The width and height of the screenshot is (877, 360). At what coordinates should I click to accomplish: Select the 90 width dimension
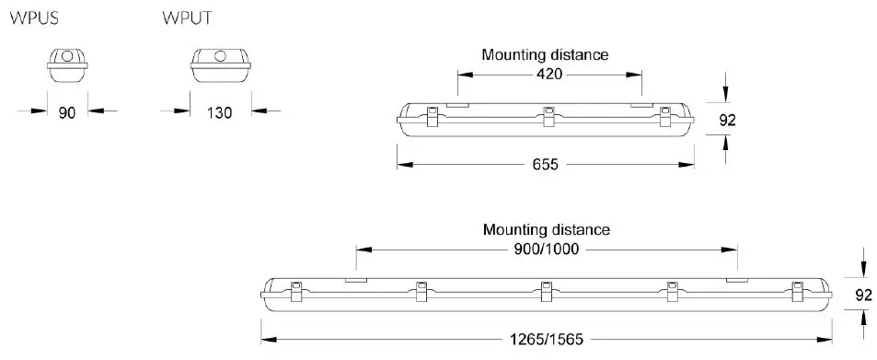pyautogui.click(x=66, y=112)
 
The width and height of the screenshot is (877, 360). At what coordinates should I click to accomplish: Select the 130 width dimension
pyautogui.click(x=218, y=112)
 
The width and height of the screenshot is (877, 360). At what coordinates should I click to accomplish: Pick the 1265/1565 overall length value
pyautogui.click(x=545, y=337)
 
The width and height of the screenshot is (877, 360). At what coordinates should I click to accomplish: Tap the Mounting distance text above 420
pyautogui.click(x=545, y=54)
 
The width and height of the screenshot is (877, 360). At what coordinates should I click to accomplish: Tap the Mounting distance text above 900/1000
pyautogui.click(x=546, y=229)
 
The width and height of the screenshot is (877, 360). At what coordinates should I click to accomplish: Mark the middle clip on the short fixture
pyautogui.click(x=548, y=116)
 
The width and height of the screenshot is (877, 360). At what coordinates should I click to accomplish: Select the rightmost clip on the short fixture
pyautogui.click(x=665, y=116)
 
